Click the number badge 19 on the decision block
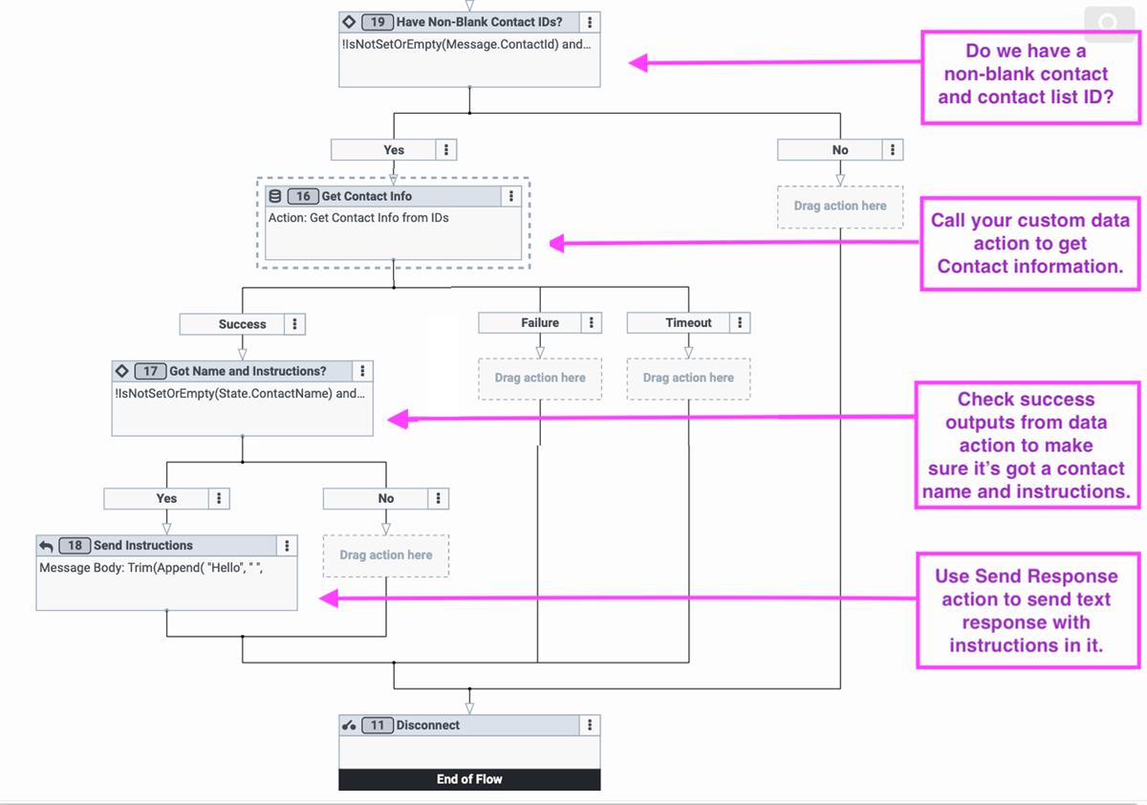pyautogui.click(x=378, y=22)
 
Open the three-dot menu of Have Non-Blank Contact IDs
pyautogui.click(x=590, y=22)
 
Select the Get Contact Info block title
pyautogui.click(x=366, y=196)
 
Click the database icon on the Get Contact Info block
pyautogui.click(x=275, y=196)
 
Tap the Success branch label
pyautogui.click(x=242, y=324)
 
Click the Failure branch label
pyautogui.click(x=539, y=323)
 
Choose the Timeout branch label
pyautogui.click(x=688, y=323)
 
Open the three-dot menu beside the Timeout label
pyautogui.click(x=739, y=323)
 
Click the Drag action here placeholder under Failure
pyautogui.click(x=539, y=378)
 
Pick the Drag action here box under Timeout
pyautogui.click(x=688, y=378)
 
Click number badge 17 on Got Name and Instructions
pyautogui.click(x=150, y=371)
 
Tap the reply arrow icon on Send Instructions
pyautogui.click(x=46, y=546)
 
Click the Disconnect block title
pyautogui.click(x=427, y=726)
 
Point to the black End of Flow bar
pyautogui.click(x=469, y=779)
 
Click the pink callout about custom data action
pyautogui.click(x=1029, y=243)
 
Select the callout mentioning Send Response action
pyautogui.click(x=1026, y=610)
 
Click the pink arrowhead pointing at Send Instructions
pyautogui.click(x=328, y=598)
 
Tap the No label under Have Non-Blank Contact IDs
pyautogui.click(x=839, y=150)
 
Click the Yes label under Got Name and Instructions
pyautogui.click(x=166, y=498)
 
